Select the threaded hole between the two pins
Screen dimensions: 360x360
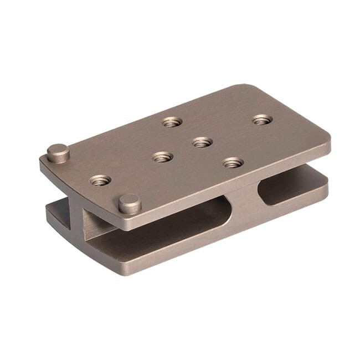click(x=100, y=180)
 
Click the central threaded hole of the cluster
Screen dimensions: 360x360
click(x=202, y=142)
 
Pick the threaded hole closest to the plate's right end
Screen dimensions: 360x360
click(x=262, y=119)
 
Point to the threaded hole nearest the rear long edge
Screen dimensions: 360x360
click(x=172, y=121)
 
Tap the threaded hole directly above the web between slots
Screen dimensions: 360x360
click(x=233, y=162)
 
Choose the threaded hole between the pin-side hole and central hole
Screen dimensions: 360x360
click(x=162, y=157)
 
